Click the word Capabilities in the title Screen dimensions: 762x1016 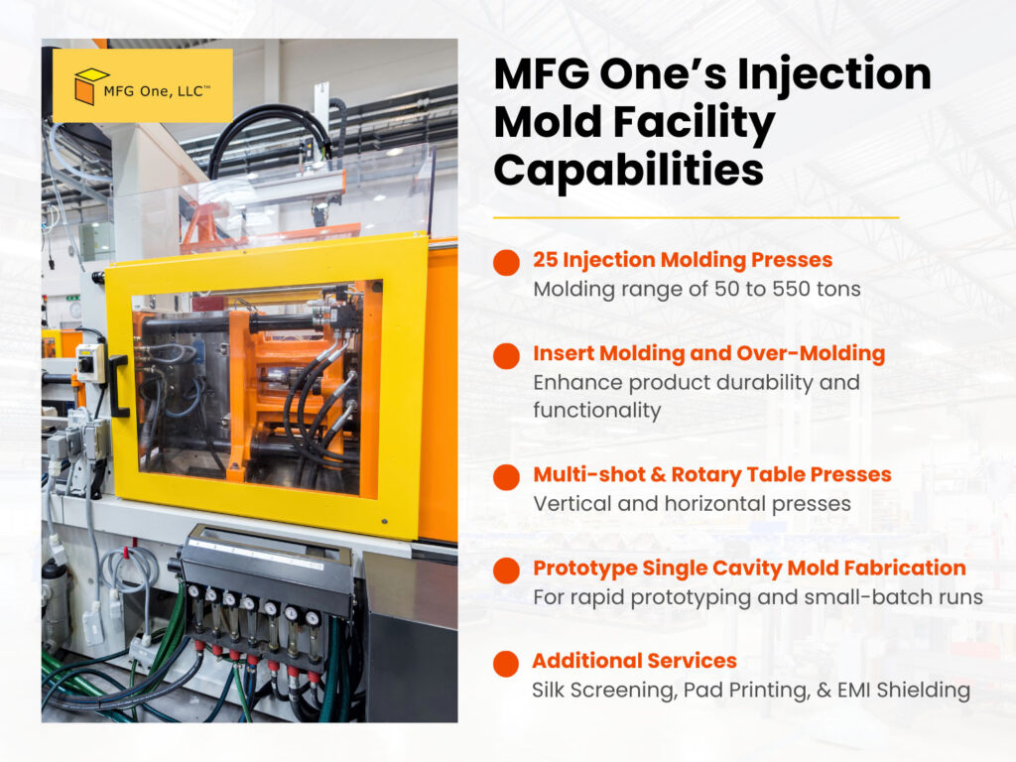point(628,170)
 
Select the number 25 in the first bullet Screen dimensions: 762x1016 point(545,261)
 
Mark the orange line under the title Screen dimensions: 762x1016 point(696,216)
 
